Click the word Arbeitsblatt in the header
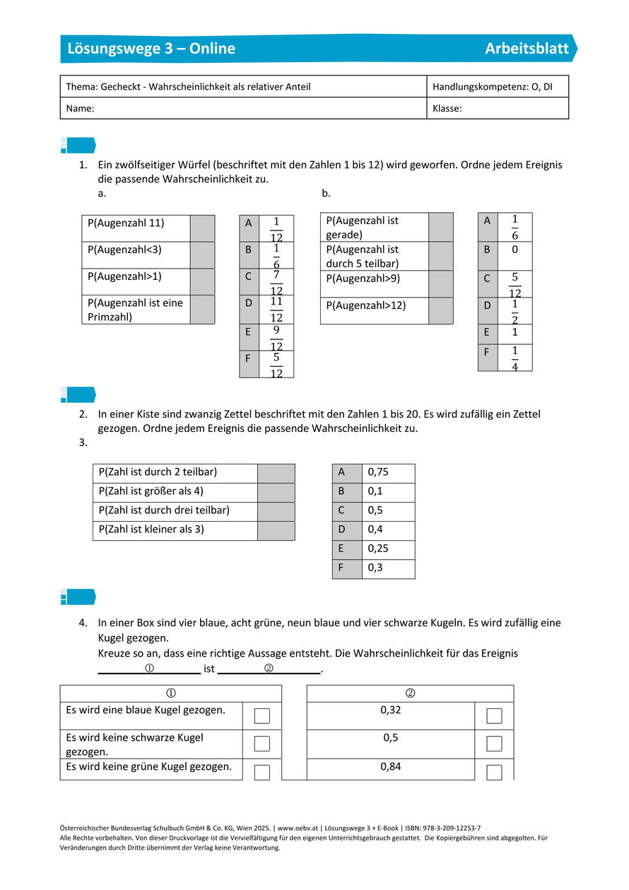[x=527, y=49]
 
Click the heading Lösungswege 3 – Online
[x=151, y=49]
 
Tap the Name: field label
[x=81, y=109]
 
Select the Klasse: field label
[x=447, y=109]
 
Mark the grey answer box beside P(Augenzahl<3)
[x=202, y=254]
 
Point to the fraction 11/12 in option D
[x=276, y=310]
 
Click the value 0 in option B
[x=515, y=250]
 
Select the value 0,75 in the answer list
[x=379, y=472]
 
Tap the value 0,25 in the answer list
[x=379, y=549]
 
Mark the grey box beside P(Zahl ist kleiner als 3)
[x=276, y=530]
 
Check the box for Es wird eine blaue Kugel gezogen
[x=262, y=716]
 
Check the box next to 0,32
[x=495, y=716]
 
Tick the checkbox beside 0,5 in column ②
[x=495, y=744]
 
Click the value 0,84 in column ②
[x=391, y=766]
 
